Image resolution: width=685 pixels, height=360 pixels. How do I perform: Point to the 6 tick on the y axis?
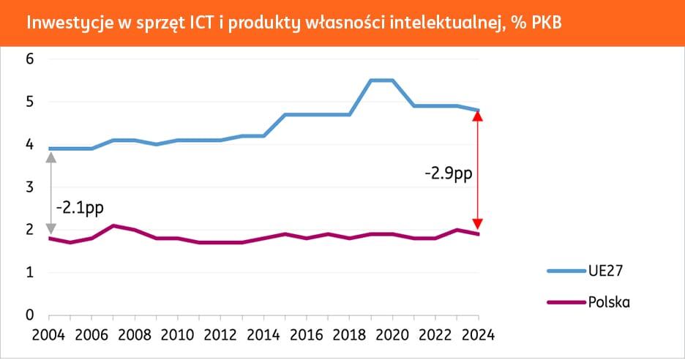point(29,59)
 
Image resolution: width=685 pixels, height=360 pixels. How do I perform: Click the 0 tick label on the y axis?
point(29,315)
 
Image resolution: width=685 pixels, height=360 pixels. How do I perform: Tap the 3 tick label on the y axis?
point(29,187)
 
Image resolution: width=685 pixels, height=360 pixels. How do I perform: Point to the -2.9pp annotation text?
point(447,175)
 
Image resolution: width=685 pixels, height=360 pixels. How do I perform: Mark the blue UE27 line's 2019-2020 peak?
point(381,80)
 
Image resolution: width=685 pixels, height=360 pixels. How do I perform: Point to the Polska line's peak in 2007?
point(113,225)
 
